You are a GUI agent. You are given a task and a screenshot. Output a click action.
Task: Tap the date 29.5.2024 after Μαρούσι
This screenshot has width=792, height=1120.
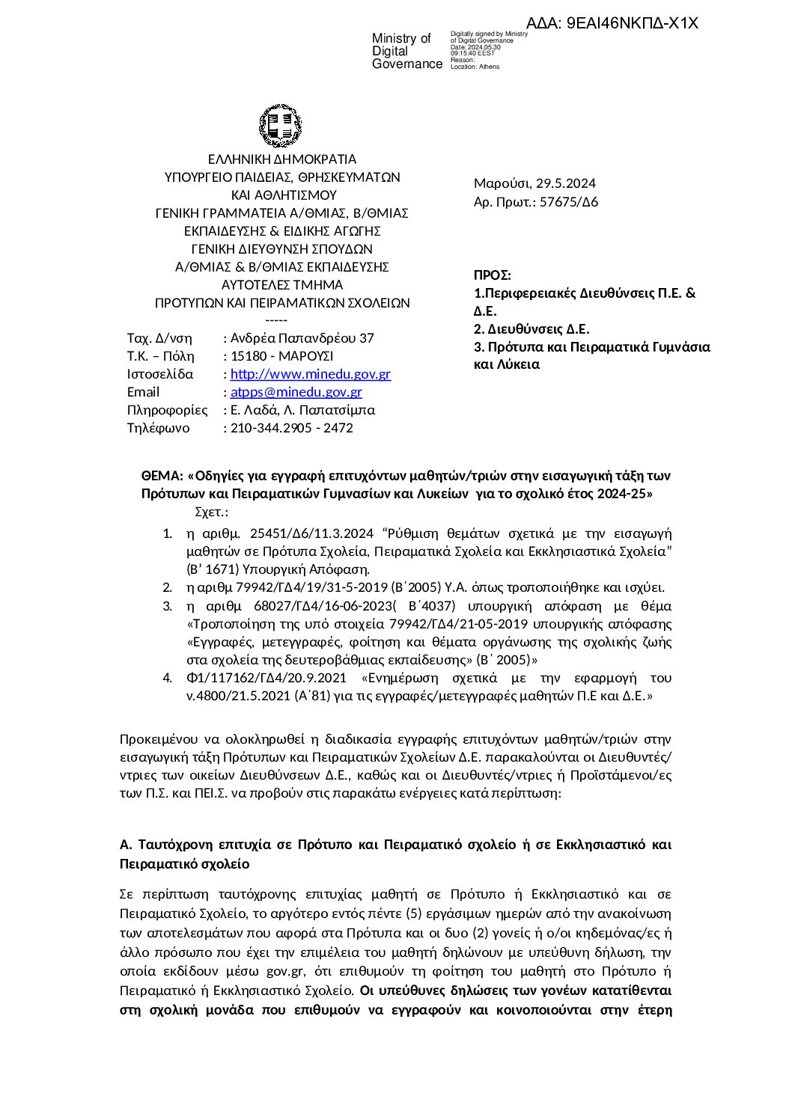coord(566,183)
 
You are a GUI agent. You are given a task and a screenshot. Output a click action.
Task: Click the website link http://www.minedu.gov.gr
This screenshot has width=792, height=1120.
coord(311,374)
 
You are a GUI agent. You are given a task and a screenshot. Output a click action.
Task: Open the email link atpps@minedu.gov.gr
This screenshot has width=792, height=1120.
coord(296,392)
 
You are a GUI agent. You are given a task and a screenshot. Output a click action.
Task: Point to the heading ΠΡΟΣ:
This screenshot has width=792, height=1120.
coord(493,275)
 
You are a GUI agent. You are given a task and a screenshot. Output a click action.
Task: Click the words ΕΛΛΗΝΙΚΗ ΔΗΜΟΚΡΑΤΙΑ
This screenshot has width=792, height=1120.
coord(282,159)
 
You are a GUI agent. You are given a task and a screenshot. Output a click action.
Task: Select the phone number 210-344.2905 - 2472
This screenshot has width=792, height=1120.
coord(292,428)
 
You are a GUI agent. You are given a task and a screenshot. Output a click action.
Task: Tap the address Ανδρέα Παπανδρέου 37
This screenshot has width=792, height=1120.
coord(302,338)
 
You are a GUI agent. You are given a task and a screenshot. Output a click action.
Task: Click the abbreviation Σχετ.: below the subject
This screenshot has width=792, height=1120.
coord(211,512)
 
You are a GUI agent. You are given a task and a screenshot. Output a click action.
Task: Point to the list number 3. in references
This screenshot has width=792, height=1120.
coord(168,605)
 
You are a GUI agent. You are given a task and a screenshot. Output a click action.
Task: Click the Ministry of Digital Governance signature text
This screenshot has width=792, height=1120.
coord(407,52)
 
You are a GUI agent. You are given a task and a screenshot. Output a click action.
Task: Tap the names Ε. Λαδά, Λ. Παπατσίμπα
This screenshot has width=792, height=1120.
coord(303,410)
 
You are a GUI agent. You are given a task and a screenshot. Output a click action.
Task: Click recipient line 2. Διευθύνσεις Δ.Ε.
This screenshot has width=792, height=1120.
coord(532,329)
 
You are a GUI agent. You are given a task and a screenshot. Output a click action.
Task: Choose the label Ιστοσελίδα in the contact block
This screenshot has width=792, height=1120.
coord(160,374)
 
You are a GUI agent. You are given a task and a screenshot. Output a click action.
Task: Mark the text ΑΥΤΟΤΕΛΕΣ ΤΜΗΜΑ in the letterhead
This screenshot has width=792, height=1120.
coord(282,285)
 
